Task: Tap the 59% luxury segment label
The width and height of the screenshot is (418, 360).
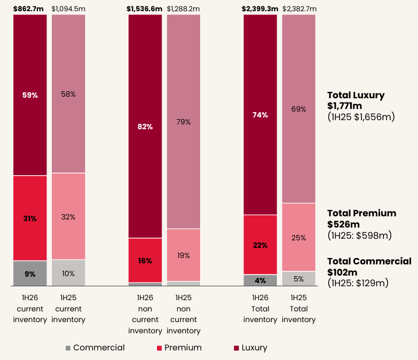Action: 30,95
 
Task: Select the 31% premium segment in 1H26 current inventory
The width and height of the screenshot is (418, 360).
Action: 30,218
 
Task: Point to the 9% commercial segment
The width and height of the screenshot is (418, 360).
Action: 30,274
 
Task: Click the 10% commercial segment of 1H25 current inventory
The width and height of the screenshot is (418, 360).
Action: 68,274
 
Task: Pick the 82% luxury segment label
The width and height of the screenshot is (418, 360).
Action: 145,127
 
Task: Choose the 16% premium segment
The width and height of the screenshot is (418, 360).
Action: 145,261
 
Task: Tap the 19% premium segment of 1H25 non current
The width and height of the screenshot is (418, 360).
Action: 184,255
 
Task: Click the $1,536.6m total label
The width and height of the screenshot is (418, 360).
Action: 145,9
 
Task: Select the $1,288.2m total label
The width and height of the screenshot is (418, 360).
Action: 184,9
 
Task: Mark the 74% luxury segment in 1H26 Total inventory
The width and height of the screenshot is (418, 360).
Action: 261,115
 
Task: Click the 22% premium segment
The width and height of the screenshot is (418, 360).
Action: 261,245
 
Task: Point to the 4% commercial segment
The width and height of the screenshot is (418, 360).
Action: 261,280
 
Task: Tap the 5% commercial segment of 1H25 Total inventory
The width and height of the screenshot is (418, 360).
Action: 299,278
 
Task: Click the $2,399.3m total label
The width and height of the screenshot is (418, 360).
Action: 260,9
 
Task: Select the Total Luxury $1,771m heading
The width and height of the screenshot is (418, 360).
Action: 356,100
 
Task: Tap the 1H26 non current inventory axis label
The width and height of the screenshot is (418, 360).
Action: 145,314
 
